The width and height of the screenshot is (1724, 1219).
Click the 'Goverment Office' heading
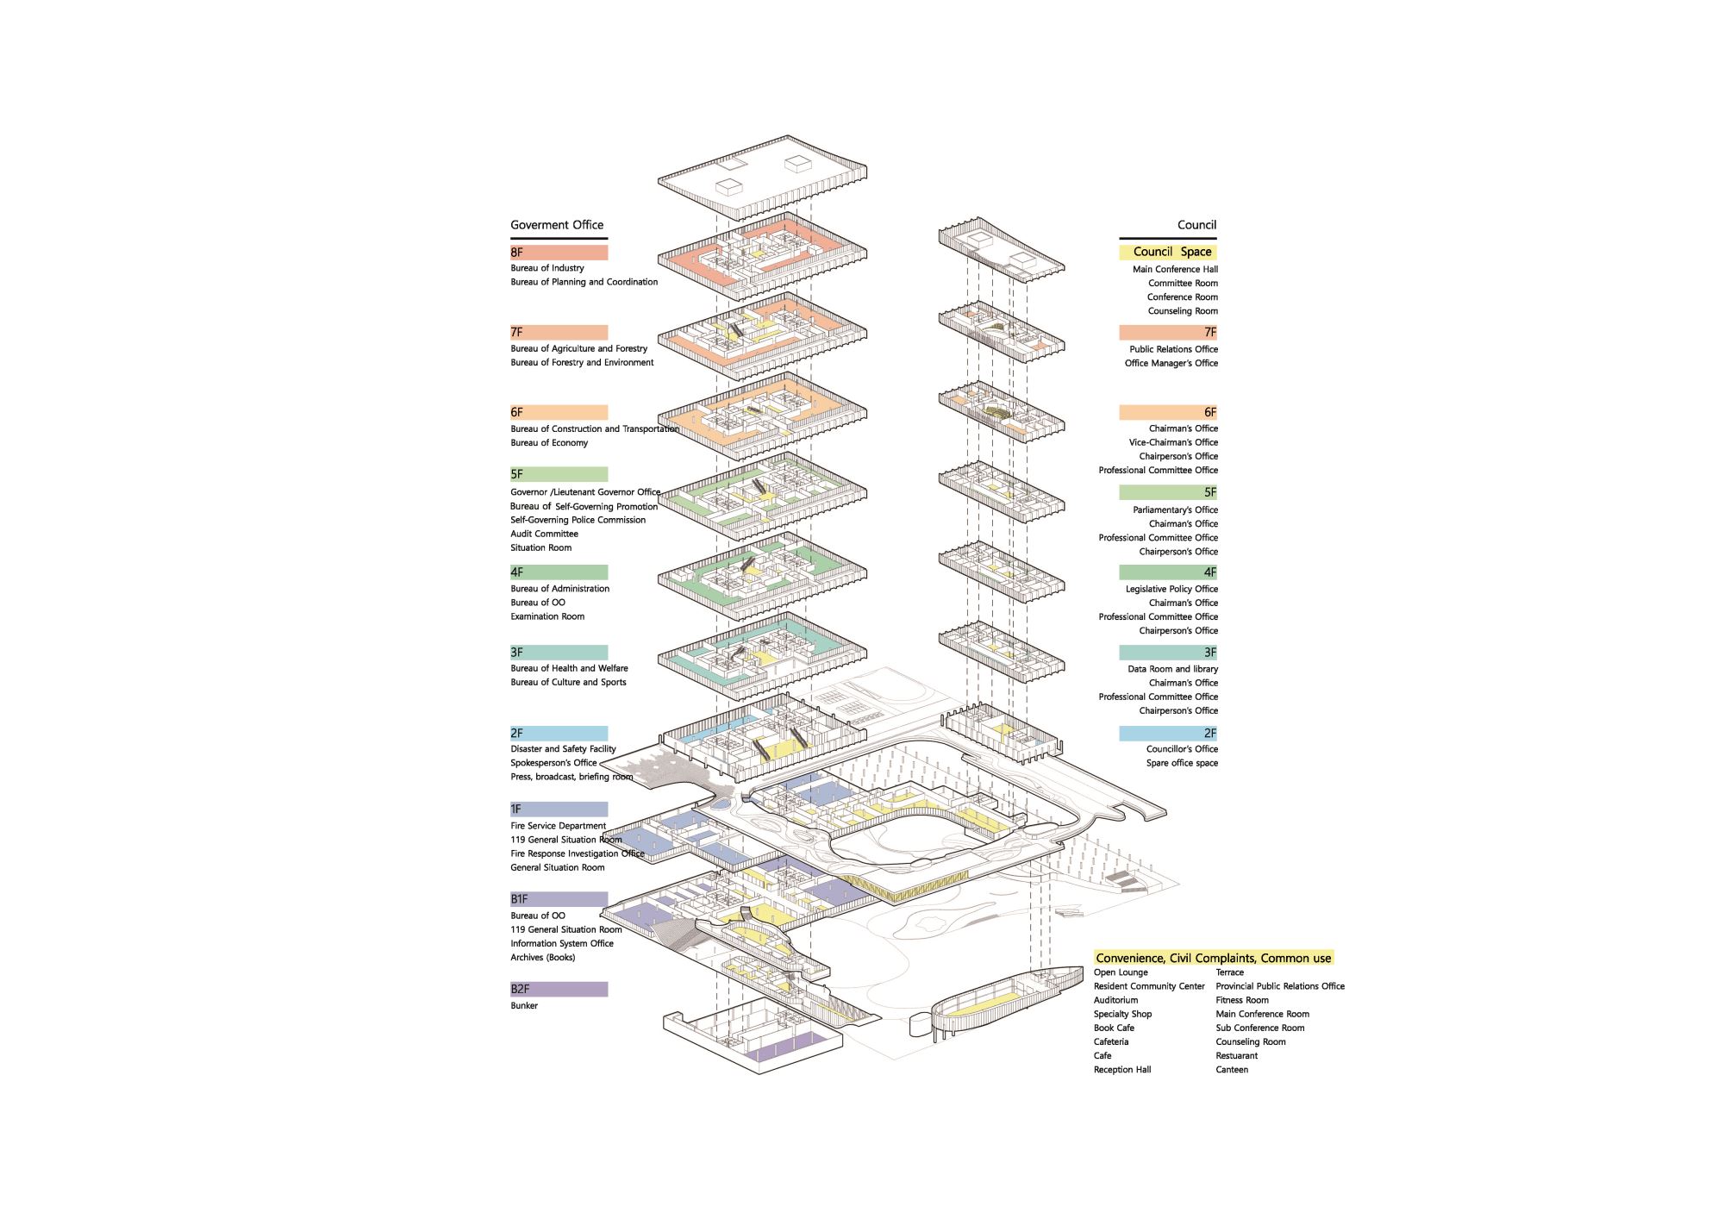point(557,225)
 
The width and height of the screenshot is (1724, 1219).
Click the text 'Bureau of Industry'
point(547,268)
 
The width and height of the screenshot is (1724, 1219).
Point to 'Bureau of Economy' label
point(549,443)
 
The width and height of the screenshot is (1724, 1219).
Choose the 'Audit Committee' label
point(544,534)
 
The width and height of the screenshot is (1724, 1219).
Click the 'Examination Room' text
point(547,616)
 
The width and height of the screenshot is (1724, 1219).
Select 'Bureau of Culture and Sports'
point(568,682)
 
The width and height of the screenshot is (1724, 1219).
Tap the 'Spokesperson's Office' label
point(553,763)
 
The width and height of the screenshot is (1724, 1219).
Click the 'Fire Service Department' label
point(558,826)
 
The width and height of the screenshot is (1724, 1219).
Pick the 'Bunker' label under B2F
point(524,1006)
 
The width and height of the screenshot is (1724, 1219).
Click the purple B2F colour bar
point(559,989)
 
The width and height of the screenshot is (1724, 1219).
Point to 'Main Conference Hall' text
point(1175,270)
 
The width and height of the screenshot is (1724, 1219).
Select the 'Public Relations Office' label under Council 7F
point(1174,349)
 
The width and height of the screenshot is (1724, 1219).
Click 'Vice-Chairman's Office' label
point(1173,442)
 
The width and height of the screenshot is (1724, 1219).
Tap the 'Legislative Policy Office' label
point(1171,589)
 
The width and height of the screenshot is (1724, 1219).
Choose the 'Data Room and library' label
point(1173,669)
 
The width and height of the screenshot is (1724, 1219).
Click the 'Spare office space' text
point(1182,763)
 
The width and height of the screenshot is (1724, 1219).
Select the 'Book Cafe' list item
point(1114,1028)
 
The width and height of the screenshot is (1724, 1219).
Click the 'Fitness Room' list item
point(1242,1000)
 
